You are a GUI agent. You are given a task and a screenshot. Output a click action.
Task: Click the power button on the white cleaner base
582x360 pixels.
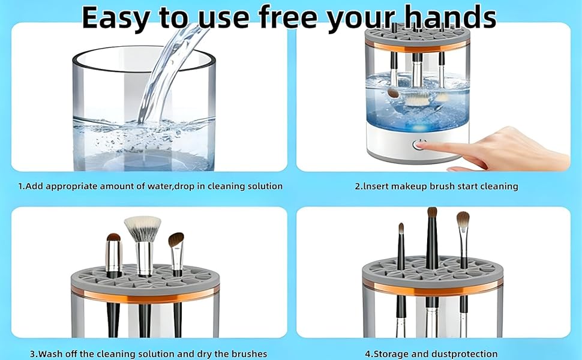[x=418, y=145]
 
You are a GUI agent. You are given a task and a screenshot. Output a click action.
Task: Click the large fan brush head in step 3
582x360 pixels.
[x=142, y=228]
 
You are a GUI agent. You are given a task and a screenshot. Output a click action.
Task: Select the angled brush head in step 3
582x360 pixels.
[x=176, y=241]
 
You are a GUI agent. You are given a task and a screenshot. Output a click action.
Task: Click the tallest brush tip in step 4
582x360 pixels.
[x=432, y=214]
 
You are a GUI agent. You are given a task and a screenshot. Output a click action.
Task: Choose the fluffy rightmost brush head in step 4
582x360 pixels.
[x=463, y=220]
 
